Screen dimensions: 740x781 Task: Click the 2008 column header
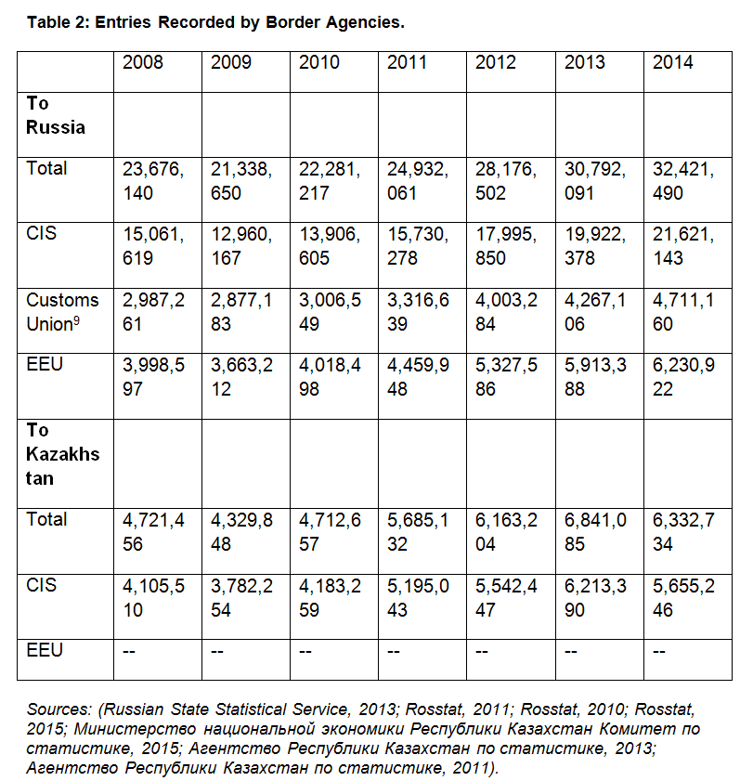[142, 62]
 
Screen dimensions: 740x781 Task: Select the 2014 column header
[672, 62]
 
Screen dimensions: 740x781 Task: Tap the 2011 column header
[407, 62]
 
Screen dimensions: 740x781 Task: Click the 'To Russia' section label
[56, 115]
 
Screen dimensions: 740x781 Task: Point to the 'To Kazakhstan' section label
[63, 454]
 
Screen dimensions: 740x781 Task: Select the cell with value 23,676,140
[153, 181]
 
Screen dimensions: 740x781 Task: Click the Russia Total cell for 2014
[683, 181]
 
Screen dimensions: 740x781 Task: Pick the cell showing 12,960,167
[241, 246]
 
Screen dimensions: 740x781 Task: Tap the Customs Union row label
[62, 312]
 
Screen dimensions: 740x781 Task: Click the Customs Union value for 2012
[506, 312]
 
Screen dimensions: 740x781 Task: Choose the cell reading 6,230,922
[683, 377]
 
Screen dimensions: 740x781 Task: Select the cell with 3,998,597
[153, 377]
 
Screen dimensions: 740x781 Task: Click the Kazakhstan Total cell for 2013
[595, 532]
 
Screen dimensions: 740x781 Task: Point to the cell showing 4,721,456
[153, 532]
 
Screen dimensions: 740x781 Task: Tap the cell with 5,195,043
[418, 598]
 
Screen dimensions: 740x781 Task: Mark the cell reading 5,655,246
[683, 598]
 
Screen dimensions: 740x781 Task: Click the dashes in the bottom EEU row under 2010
[305, 652]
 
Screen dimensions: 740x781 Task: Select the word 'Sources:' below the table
[58, 709]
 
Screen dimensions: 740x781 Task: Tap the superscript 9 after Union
[76, 320]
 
